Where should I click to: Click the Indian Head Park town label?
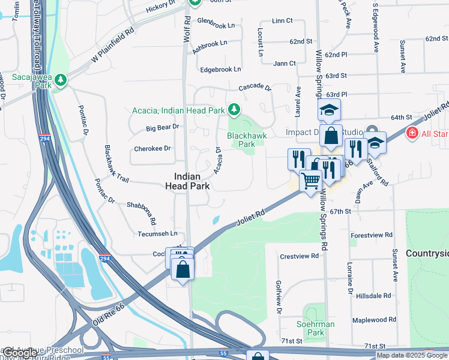(191, 181)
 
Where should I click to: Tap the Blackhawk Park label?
(242, 140)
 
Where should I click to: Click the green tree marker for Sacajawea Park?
(60, 82)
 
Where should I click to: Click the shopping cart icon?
(310, 181)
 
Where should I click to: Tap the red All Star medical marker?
(412, 133)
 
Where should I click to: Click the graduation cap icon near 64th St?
(329, 110)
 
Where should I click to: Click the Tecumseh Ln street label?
(158, 233)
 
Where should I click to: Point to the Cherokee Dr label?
(152, 148)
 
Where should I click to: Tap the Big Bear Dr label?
(163, 127)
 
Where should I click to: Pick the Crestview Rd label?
(299, 256)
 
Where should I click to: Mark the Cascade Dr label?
(255, 88)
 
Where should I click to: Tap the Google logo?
(19, 353)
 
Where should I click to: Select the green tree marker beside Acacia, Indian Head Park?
(234, 110)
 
